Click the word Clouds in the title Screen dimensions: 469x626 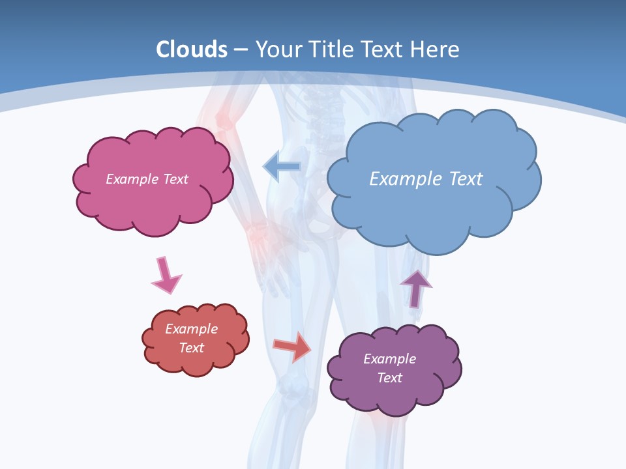(192, 50)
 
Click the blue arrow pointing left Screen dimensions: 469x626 (282, 167)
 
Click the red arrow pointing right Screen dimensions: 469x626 (292, 346)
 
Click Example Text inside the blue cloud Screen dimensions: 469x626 (426, 179)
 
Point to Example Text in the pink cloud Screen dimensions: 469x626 (147, 179)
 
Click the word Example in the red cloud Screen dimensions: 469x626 (191, 329)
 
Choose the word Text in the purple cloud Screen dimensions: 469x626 (389, 378)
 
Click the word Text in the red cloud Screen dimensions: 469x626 (191, 348)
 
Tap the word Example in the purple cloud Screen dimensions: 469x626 (389, 359)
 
